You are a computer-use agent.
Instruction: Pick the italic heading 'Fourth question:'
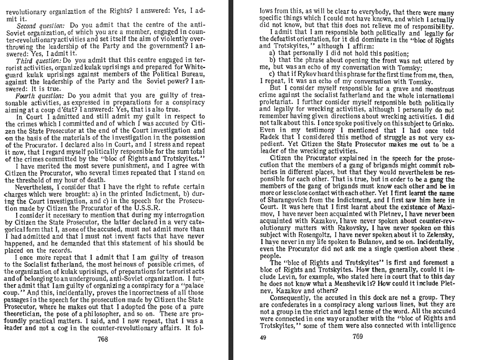(40, 95)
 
